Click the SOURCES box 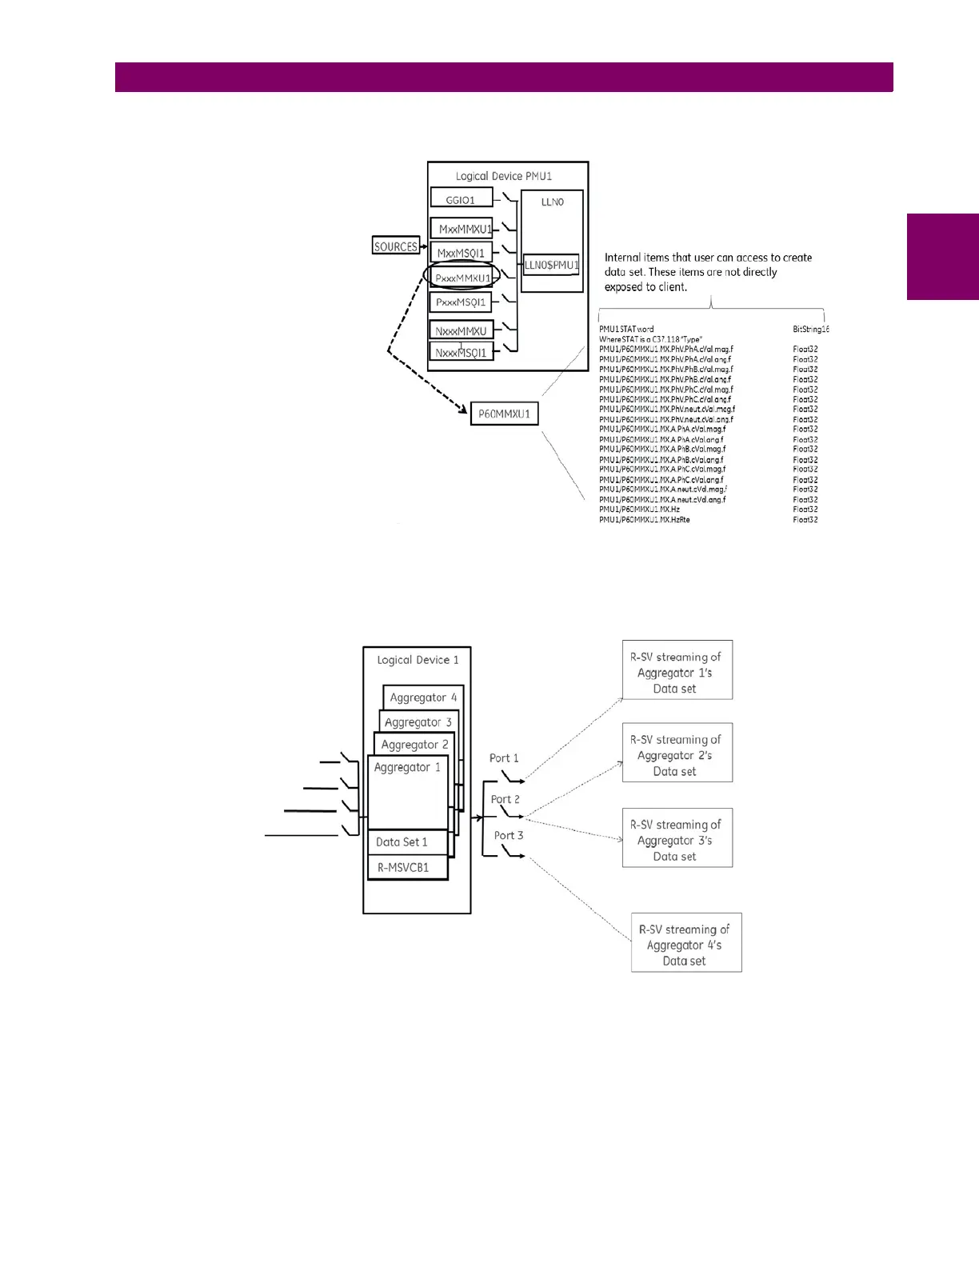pyautogui.click(x=396, y=246)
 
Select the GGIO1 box pyautogui.click(x=461, y=199)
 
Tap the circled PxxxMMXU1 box pyautogui.click(x=462, y=278)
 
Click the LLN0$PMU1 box pyautogui.click(x=551, y=265)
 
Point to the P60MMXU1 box pyautogui.click(x=504, y=414)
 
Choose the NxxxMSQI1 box pyautogui.click(x=461, y=352)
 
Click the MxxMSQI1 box pyautogui.click(x=461, y=253)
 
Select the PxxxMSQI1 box pyautogui.click(x=461, y=302)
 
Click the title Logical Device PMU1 pyautogui.click(x=504, y=176)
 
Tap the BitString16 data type pyautogui.click(x=810, y=329)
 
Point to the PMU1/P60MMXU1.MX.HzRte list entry pyautogui.click(x=645, y=520)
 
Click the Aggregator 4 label pyautogui.click(x=423, y=697)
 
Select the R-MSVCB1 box pyautogui.click(x=403, y=867)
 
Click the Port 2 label pyautogui.click(x=505, y=799)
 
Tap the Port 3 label pyautogui.click(x=508, y=835)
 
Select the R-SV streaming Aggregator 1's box pyautogui.click(x=677, y=670)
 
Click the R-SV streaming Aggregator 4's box pyautogui.click(x=685, y=943)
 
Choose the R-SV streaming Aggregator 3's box pyautogui.click(x=677, y=838)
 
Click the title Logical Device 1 pyautogui.click(x=418, y=660)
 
